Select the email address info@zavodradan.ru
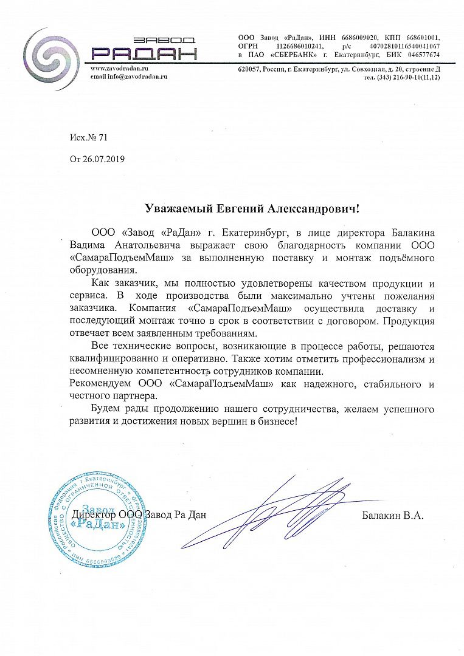(x=129, y=77)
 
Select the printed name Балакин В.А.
(x=392, y=515)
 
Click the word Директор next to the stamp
(x=93, y=515)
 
